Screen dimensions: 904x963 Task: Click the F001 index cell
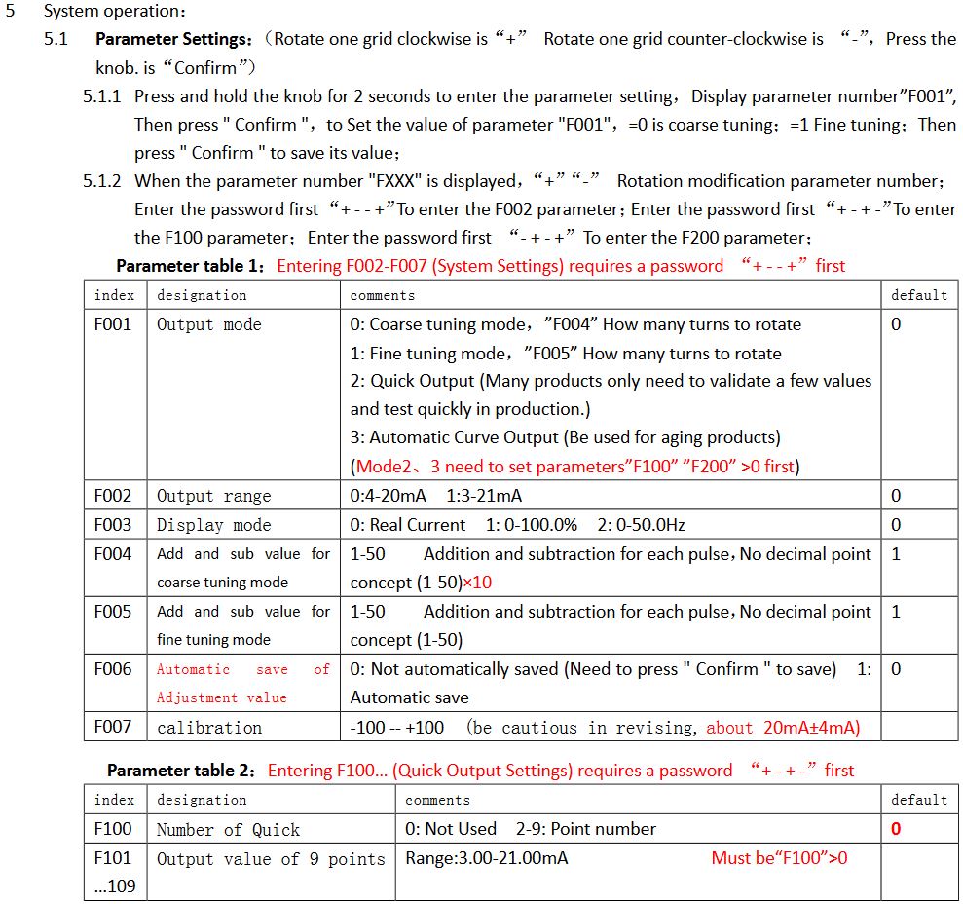click(x=112, y=324)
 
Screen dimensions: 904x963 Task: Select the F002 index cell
click(x=112, y=496)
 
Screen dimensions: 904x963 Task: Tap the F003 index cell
click(x=112, y=525)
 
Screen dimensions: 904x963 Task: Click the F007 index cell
click(x=112, y=727)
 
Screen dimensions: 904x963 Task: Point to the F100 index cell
click(x=113, y=829)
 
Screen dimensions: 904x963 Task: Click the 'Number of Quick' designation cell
click(x=229, y=830)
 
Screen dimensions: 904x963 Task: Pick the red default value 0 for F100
click(x=896, y=829)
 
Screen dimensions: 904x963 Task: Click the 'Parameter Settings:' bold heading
click(x=174, y=39)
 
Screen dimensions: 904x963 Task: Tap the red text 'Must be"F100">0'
click(x=779, y=858)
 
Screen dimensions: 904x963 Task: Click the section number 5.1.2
click(x=102, y=181)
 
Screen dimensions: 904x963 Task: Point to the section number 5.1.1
click(x=102, y=96)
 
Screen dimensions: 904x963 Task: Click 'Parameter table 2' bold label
click(x=181, y=771)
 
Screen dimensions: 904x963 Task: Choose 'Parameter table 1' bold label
click(x=191, y=266)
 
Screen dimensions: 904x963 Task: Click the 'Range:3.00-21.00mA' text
click(x=486, y=858)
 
